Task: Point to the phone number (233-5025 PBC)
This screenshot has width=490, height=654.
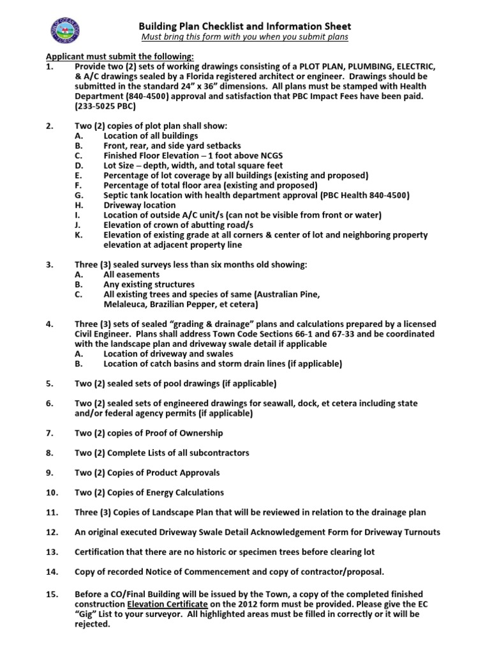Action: point(105,106)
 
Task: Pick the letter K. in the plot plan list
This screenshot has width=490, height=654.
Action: point(78,235)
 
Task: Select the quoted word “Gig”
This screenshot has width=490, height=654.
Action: point(85,615)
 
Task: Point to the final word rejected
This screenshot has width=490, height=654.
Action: point(92,625)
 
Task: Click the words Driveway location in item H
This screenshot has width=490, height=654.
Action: point(140,205)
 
